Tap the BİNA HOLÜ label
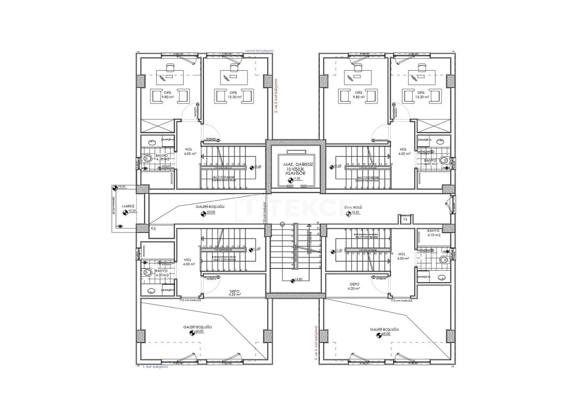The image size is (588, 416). (353, 208)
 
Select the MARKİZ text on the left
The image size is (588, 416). (128, 206)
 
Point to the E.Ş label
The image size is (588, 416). (153, 228)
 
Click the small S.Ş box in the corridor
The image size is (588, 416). (405, 220)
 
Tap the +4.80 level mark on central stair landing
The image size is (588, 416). (297, 279)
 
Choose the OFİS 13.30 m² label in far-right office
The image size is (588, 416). (422, 95)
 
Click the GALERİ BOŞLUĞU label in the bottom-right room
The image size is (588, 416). (384, 330)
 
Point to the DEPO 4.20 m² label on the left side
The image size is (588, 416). (235, 292)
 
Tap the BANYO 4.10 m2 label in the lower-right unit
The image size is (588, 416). (434, 233)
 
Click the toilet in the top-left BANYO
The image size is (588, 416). (147, 159)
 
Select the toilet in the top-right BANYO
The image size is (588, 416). (444, 160)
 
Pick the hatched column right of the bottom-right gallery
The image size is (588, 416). (449, 336)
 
